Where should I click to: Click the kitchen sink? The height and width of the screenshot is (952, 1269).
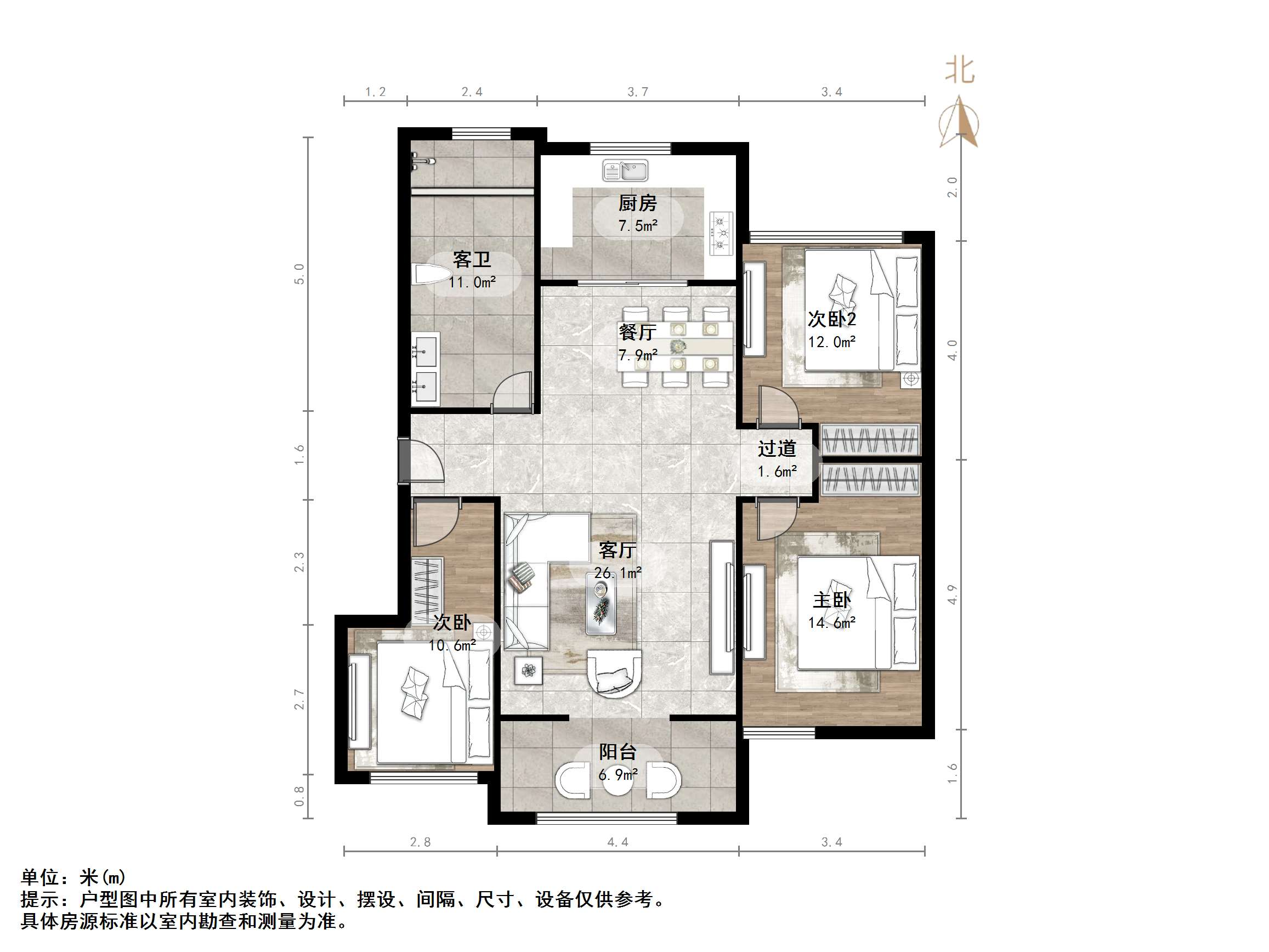click(625, 171)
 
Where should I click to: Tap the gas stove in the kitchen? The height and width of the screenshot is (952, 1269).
click(721, 233)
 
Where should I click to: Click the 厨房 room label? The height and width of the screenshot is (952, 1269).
click(637, 203)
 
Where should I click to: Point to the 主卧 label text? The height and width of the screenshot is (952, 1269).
click(831, 600)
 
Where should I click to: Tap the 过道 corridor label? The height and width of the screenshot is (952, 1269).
click(777, 449)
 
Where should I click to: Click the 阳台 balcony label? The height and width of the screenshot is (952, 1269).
click(618, 752)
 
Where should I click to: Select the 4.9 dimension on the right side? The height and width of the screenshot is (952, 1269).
click(953, 594)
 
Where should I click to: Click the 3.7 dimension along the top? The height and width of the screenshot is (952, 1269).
click(637, 92)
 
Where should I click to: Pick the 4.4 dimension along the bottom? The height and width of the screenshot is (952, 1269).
click(617, 842)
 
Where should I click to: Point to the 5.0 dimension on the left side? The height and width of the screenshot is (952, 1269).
click(299, 274)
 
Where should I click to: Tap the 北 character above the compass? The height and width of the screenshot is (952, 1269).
click(960, 70)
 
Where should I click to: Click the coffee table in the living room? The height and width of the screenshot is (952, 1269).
click(600, 603)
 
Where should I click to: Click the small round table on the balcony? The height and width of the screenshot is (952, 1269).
click(619, 779)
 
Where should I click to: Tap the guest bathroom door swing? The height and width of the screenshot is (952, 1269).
click(513, 392)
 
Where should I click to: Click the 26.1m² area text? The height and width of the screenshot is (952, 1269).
click(617, 573)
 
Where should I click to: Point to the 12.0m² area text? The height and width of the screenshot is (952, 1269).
click(832, 342)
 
